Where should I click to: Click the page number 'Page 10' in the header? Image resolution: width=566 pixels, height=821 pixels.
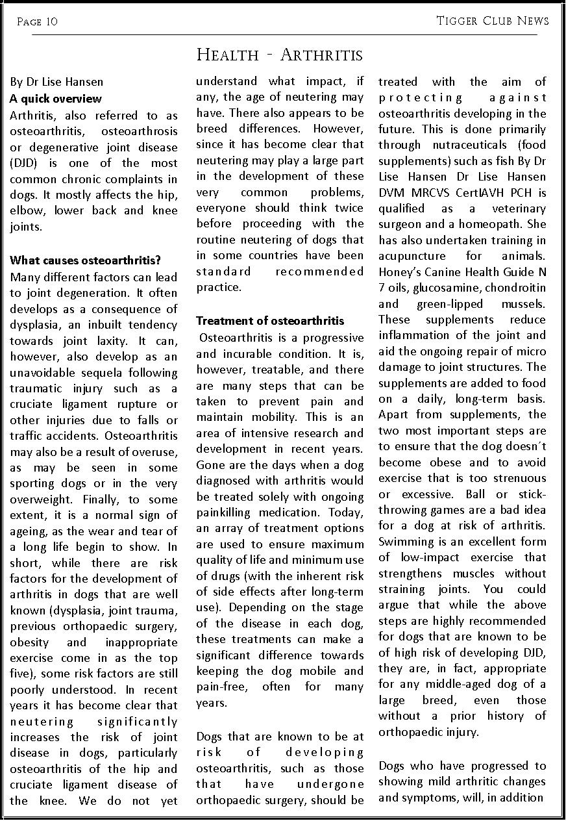point(37,21)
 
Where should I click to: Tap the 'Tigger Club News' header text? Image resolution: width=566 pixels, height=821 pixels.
point(493,21)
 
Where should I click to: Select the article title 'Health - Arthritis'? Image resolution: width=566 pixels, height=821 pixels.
point(279,55)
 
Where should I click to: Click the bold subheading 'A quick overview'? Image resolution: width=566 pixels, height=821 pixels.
point(55,99)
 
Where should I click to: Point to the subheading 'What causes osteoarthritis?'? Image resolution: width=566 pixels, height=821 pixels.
point(85,260)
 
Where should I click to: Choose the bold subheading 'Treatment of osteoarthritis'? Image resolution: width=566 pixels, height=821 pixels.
point(270,321)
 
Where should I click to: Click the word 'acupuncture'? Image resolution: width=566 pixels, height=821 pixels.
point(412,256)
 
